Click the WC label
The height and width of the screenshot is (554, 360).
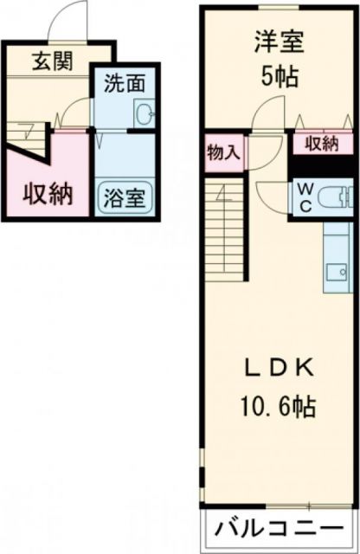coord(306,196)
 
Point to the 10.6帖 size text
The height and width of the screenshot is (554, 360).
coord(277,403)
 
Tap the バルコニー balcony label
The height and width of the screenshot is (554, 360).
coord(280,525)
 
